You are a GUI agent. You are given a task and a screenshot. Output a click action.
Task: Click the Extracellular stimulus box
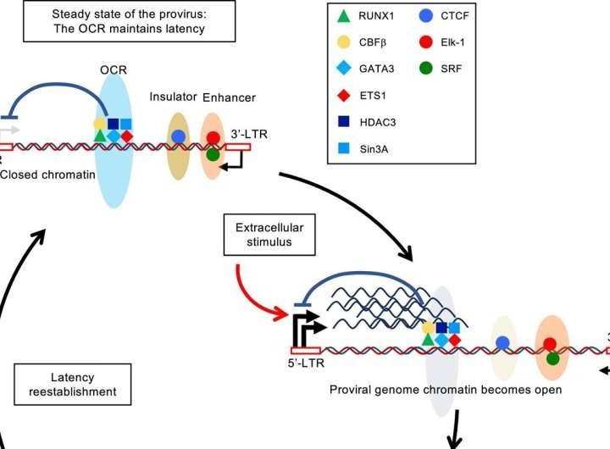pyautogui.click(x=263, y=233)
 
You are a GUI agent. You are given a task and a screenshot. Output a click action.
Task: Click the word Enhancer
pyautogui.click(x=229, y=98)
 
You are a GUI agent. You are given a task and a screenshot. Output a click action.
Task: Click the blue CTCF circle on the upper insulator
pyautogui.click(x=178, y=136)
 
